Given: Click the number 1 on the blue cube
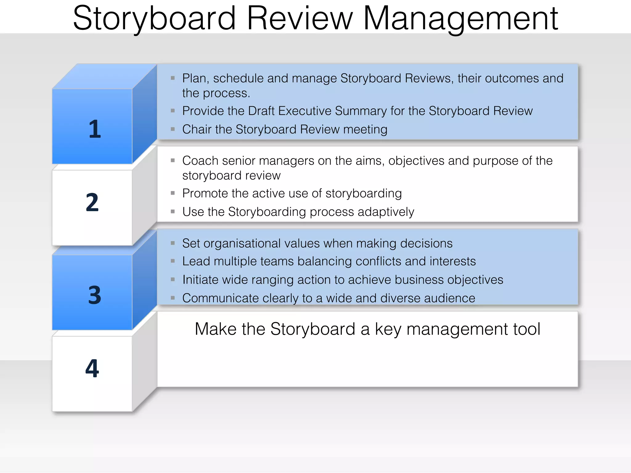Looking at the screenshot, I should tap(95, 129).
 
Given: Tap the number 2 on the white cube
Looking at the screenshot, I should tap(92, 202).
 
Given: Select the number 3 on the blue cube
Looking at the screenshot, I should tap(95, 295).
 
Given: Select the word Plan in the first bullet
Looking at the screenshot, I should tap(194, 79).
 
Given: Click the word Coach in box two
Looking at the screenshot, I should tap(200, 161).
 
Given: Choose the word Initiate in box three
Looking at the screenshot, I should tap(200, 280).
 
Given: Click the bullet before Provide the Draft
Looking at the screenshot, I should tap(173, 111).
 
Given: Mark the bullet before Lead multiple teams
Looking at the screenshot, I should tap(173, 261).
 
